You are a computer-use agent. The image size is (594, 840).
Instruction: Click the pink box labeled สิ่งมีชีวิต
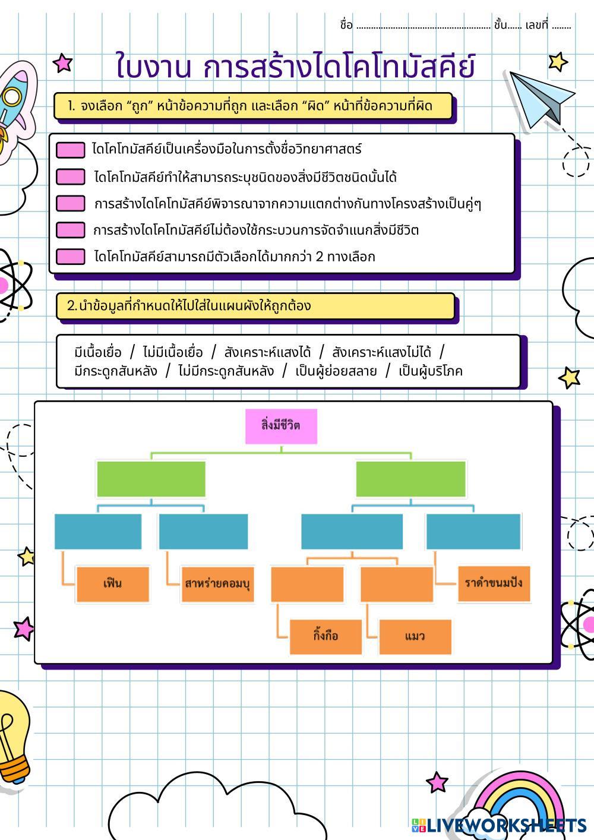281,426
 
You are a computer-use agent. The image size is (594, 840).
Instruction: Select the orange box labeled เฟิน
112,584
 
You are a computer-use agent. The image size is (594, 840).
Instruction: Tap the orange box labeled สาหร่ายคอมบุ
217,584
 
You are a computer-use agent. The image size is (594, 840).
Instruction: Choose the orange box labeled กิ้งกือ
326,636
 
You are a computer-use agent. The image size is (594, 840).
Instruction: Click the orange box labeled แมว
415,636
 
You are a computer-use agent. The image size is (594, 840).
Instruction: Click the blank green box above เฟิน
151,479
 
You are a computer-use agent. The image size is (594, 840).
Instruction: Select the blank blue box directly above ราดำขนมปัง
473,531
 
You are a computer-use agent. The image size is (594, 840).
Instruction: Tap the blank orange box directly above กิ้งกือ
307,584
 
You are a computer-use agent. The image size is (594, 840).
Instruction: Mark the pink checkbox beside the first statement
70,150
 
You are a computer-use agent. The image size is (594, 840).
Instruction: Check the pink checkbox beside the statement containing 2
70,257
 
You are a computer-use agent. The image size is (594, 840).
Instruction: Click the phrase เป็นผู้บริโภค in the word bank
431,371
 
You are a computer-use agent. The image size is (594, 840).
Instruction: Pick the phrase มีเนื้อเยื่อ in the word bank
98,352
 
